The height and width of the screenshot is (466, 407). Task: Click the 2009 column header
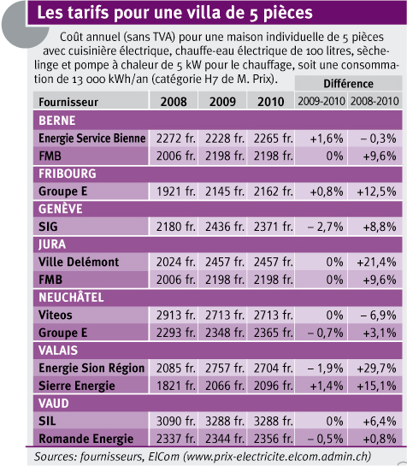click(222, 102)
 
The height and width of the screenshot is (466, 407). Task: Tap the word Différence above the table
click(348, 84)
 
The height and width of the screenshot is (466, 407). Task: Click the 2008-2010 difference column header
click(375, 102)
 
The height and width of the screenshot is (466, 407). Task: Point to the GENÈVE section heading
click(61, 209)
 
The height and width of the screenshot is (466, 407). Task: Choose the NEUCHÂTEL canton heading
click(71, 298)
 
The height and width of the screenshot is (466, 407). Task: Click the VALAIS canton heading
click(58, 351)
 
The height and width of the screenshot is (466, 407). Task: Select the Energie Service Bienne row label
click(92, 139)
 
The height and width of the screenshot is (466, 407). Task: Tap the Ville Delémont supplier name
click(79, 262)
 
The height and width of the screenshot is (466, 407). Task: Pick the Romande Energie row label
click(86, 439)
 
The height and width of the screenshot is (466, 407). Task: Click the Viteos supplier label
click(56, 315)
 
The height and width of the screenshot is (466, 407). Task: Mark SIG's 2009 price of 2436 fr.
click(225, 227)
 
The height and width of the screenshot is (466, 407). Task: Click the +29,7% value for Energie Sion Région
click(376, 369)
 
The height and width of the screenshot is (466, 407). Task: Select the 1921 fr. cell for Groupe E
click(176, 192)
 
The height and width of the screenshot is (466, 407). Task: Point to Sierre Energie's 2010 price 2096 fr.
click(274, 386)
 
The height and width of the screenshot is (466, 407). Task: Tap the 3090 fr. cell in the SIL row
click(176, 422)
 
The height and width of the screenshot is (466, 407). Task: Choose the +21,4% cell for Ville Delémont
click(376, 262)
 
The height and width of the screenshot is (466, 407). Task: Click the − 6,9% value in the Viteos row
click(378, 315)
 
